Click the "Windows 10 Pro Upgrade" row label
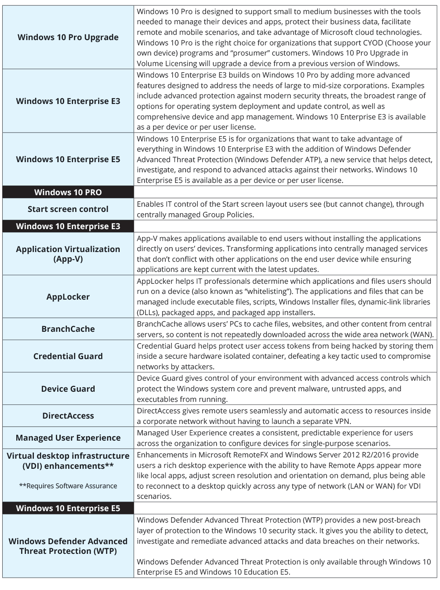(68, 37)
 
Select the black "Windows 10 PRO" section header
(68, 192)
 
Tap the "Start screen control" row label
(68, 209)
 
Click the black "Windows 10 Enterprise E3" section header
(68, 226)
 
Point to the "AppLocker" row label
(68, 297)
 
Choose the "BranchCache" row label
(68, 329)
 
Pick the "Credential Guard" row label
(68, 356)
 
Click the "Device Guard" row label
(68, 389)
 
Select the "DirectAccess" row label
(68, 416)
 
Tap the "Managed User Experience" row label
(68, 438)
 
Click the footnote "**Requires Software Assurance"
(68, 486)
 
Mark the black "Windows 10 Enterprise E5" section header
(68, 508)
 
